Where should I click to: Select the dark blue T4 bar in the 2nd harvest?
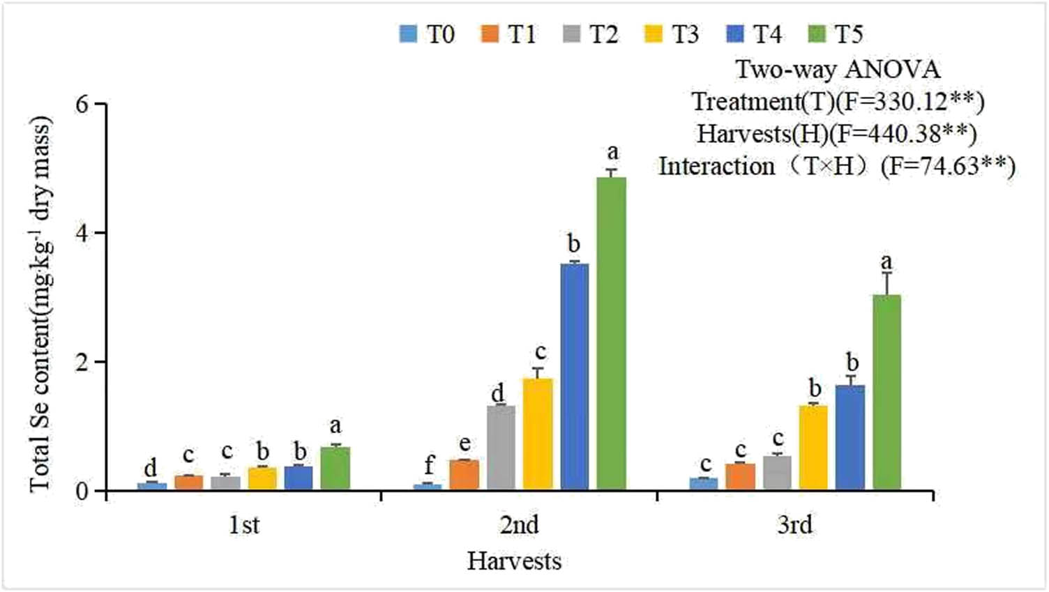pos(574,377)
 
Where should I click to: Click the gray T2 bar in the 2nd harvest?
pos(501,447)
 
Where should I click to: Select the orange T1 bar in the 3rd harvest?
pos(740,476)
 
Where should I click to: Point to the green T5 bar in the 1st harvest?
pos(335,468)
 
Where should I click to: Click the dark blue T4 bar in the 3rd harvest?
pos(850,437)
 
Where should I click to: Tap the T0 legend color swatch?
pos(408,33)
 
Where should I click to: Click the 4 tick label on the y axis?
pos(83,233)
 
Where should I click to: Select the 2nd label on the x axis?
pos(519,524)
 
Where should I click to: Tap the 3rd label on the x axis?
pos(794,524)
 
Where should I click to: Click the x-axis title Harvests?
pos(514,561)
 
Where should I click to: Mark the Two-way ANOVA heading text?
pos(838,69)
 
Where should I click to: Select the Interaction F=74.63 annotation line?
pos(837,167)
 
